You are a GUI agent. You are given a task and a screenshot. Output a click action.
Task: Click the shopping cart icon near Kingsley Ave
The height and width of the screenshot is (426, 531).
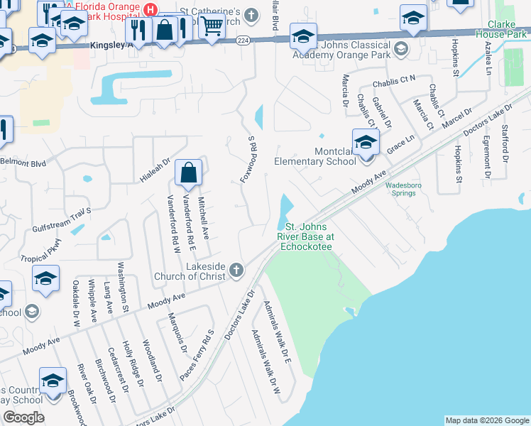pos(211,27)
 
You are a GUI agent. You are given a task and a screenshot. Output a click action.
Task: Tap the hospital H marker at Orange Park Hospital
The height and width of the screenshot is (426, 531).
pos(150,9)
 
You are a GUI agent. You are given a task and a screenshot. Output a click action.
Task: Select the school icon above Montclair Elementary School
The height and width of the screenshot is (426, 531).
pos(366,142)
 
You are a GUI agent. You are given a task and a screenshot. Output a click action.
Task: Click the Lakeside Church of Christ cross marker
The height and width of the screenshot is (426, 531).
pos(236,270)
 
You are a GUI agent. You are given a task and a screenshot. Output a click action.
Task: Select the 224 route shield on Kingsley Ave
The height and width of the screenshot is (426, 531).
pos(244,41)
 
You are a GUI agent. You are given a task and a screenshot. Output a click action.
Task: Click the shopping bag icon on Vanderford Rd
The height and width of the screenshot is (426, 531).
pos(188,173)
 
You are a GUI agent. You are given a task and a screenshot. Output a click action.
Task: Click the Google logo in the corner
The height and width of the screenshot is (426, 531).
pos(23,417)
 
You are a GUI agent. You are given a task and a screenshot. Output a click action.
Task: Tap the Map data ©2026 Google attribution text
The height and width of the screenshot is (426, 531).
pos(487,420)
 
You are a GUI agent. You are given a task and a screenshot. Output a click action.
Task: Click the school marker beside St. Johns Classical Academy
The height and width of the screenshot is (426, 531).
pos(303,35)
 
